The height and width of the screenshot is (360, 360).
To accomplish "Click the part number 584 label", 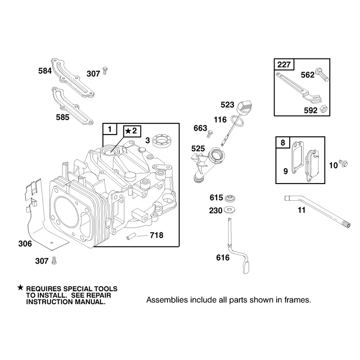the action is coord(45,71).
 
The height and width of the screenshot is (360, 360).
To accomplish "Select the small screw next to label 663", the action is coord(210,134).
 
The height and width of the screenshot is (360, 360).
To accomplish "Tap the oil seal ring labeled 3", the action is coord(162,140).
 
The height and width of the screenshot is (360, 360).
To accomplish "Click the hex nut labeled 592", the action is coord(324,109).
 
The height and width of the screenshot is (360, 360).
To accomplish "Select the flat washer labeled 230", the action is coord(229,210).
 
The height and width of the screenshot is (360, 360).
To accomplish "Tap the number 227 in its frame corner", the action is coord(284,64).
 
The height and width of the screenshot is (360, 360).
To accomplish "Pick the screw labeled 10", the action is coord(343,163).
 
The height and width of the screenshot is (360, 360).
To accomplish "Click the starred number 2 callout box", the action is coord(132,131).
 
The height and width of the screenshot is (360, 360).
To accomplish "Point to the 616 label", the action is coord(223,257).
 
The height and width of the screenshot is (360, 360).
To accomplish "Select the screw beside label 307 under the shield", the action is coord(54,261).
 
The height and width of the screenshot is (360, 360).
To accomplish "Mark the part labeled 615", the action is coord(230,198).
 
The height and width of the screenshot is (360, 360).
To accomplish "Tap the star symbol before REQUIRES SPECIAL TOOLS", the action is coord(20,288).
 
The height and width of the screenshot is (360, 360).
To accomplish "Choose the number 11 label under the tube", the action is coord(301,210).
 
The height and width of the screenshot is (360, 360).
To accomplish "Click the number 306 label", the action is coord(25,243).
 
